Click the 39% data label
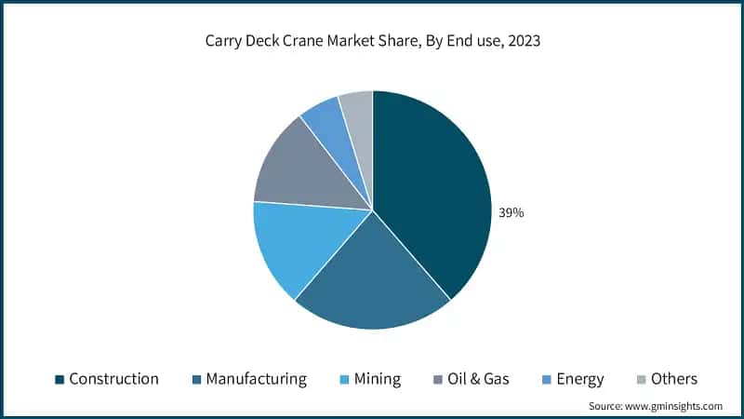(x=511, y=212)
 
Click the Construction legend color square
(x=60, y=379)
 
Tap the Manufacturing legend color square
(x=196, y=379)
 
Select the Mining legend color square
(x=344, y=379)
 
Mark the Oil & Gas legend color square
(x=439, y=379)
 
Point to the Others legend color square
(x=641, y=379)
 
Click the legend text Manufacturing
(x=256, y=379)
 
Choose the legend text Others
(x=674, y=379)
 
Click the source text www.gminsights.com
(x=677, y=406)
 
